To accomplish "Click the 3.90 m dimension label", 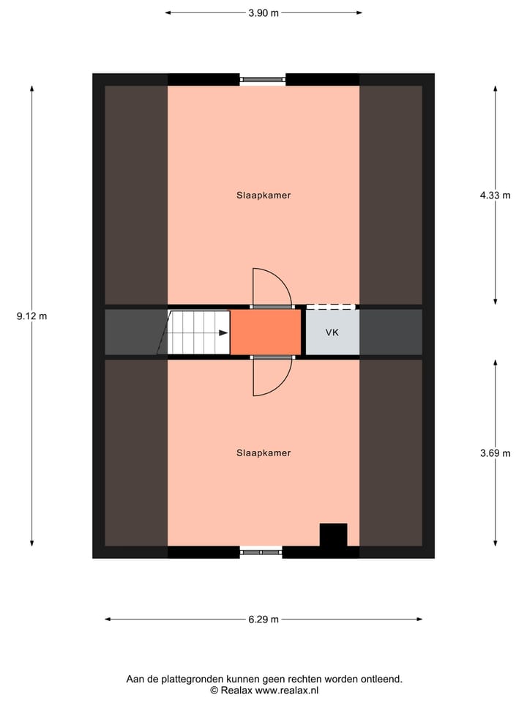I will tap(263, 12).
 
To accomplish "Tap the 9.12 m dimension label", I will tap(31, 316).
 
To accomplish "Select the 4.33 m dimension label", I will tap(496, 196).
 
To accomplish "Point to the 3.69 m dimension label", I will tap(496, 453).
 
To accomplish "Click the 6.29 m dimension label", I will tap(263, 620).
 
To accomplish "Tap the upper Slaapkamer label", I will tap(263, 196).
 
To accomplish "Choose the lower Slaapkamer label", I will tap(263, 453).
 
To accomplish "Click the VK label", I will tap(332, 332).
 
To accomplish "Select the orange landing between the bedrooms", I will tap(266, 332).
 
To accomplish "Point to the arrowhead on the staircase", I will tap(223, 332).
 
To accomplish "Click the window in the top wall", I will tap(263, 79).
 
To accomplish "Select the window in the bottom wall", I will tap(261, 551).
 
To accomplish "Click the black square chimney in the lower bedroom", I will tap(334, 535).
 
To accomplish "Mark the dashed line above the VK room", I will tap(331, 307).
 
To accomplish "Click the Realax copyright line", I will tap(264, 690).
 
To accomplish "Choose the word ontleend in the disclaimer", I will tap(381, 679).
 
